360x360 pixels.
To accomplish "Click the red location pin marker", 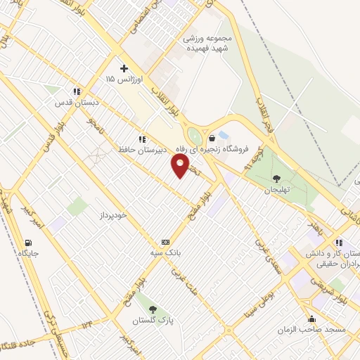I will point(180,166).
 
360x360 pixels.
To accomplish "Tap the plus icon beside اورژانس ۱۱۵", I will point(124,68).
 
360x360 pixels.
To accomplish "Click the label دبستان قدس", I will point(75,103).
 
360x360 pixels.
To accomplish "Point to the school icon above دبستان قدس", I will point(77,91).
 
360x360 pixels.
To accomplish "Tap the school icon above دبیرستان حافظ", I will point(143,139).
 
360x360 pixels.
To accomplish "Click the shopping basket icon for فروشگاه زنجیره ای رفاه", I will point(212,138).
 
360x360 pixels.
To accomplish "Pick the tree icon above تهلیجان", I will point(276,178).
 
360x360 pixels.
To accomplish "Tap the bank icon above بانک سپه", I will point(165,240).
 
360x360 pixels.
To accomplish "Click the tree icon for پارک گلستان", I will point(153,308).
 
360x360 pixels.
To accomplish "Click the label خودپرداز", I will point(112,214).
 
